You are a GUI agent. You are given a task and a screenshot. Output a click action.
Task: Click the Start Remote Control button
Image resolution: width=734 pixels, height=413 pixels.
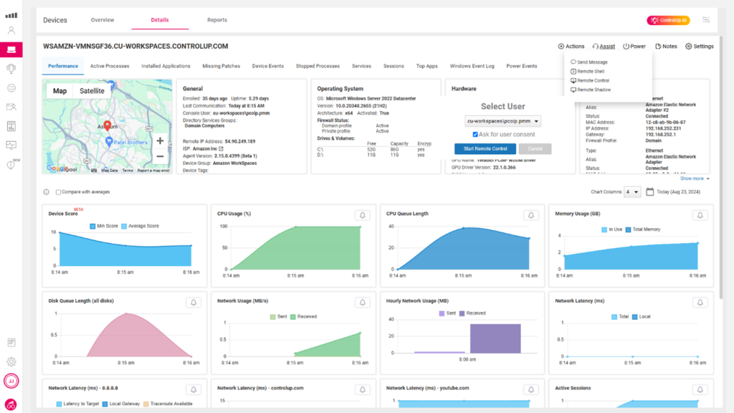pyautogui.click(x=485, y=148)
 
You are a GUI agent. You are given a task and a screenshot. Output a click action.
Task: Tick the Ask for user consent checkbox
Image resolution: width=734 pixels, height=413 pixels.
pyautogui.click(x=475, y=135)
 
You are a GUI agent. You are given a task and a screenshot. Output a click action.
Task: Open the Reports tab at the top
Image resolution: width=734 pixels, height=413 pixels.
pyautogui.click(x=216, y=20)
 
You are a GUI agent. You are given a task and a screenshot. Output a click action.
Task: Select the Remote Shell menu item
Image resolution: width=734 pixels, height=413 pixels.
pyautogui.click(x=590, y=72)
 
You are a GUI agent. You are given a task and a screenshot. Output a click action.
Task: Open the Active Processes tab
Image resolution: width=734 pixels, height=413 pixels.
pyautogui.click(x=110, y=66)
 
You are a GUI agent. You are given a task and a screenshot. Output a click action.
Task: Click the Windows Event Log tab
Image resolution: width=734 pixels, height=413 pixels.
pyautogui.click(x=472, y=66)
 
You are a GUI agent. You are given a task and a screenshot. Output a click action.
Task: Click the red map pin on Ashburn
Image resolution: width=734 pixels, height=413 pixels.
pyautogui.click(x=108, y=126)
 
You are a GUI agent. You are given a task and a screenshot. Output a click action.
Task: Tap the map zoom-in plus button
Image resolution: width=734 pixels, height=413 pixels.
pyautogui.click(x=160, y=141)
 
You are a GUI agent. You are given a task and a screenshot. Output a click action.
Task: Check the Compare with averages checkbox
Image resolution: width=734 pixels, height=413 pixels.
pyautogui.click(x=59, y=192)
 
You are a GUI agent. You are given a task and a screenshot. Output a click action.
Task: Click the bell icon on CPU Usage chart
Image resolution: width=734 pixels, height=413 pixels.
pyautogui.click(x=363, y=215)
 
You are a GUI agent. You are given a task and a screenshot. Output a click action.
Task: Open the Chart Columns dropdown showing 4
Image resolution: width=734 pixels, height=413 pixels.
pyautogui.click(x=632, y=192)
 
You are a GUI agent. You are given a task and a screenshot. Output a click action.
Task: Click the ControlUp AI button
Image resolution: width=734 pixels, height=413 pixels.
pyautogui.click(x=668, y=21)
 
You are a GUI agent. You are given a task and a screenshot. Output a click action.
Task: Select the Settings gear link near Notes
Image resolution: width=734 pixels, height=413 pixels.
pyautogui.click(x=699, y=47)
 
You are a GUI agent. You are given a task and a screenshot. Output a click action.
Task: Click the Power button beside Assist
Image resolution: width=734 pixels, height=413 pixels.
pyautogui.click(x=634, y=47)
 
